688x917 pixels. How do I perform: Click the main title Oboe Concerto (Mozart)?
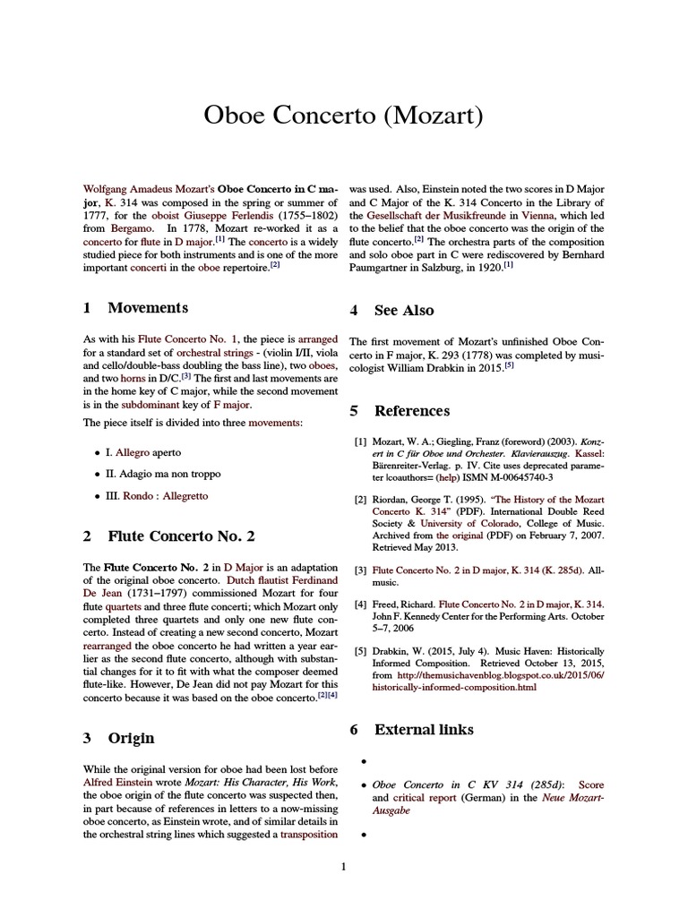[x=344, y=116]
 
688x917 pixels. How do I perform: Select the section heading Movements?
[x=148, y=308]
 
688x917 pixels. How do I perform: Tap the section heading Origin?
[x=131, y=738]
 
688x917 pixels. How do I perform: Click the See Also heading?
[x=404, y=311]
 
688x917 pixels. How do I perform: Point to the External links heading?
[x=423, y=730]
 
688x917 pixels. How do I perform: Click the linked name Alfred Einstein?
[x=121, y=781]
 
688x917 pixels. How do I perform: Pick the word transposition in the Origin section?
[x=309, y=834]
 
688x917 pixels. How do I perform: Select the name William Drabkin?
[x=428, y=368]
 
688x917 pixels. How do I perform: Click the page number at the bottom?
[x=343, y=866]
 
